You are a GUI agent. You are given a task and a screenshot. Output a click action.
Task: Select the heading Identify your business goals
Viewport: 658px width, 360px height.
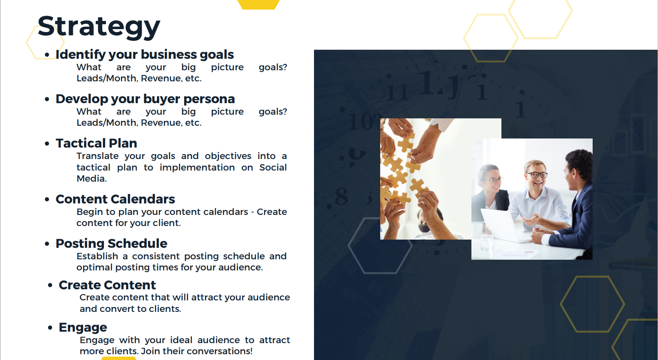point(145,55)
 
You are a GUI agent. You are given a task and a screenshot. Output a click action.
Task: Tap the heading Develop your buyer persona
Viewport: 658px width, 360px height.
point(145,99)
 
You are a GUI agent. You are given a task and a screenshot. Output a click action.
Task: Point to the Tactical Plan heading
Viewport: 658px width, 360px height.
point(96,143)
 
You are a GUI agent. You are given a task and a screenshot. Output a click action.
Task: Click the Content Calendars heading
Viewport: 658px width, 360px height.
point(115,199)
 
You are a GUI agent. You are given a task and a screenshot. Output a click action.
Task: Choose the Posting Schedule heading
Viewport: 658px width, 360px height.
point(111,243)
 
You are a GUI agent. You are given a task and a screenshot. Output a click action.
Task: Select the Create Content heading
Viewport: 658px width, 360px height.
point(107,285)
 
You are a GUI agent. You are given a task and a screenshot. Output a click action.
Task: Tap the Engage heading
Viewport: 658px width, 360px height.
point(83,328)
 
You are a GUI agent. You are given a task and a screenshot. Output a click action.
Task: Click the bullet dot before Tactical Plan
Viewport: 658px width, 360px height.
point(47,143)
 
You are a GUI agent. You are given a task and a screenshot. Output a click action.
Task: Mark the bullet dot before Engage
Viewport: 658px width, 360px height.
point(50,328)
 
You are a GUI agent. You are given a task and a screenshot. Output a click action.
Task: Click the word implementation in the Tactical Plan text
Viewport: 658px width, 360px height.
point(197,168)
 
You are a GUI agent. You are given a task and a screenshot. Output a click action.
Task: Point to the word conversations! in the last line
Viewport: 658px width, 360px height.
point(219,351)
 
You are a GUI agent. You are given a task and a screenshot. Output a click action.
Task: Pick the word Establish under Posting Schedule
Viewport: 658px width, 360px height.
point(97,256)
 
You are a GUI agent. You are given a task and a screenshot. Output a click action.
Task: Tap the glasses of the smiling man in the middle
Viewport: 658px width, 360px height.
point(537,175)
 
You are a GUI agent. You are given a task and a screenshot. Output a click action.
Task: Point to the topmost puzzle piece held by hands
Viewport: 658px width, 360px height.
point(407,141)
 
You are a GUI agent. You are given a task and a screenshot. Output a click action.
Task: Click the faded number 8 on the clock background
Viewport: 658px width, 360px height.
point(342,197)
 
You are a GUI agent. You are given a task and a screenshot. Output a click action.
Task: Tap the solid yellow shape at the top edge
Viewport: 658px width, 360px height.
point(259,5)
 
